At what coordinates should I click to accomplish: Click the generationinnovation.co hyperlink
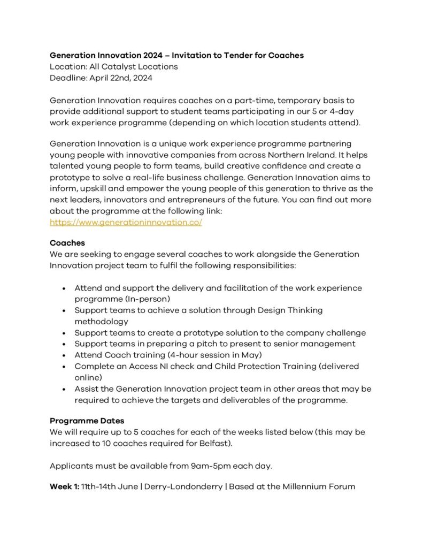(126, 222)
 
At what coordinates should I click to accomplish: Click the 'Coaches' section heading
(67, 243)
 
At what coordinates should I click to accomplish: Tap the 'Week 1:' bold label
(64, 486)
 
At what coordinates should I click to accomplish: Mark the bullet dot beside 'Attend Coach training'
(64, 355)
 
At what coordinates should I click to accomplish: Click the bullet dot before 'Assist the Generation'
(64, 389)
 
